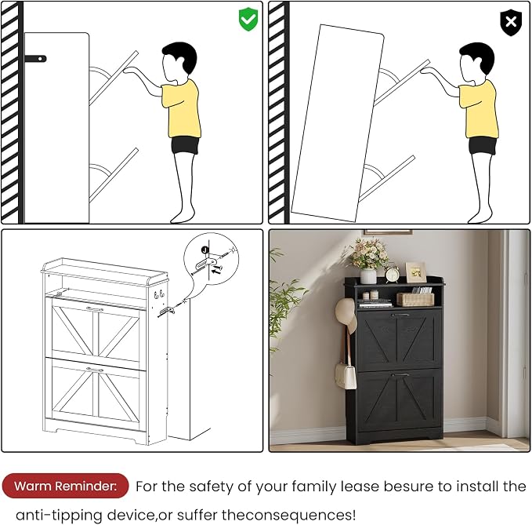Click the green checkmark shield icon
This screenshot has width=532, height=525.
pyautogui.click(x=248, y=19)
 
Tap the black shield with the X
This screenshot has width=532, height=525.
pyautogui.click(x=511, y=23)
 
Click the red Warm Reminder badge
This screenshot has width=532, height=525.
pyautogui.click(x=65, y=486)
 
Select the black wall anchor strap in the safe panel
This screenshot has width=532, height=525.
pyautogui.click(x=35, y=58)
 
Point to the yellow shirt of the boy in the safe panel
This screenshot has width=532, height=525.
pyautogui.click(x=181, y=108)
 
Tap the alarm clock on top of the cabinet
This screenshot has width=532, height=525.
pyautogui.click(x=393, y=274)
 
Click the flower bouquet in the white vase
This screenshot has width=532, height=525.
pyautogui.click(x=369, y=253)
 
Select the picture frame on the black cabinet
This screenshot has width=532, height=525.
pyautogui.click(x=415, y=272)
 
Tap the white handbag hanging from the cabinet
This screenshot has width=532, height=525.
pyautogui.click(x=346, y=375)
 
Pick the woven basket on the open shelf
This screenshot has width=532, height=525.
pyautogui.click(x=415, y=299)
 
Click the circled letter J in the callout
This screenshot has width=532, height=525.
pyautogui.click(x=204, y=250)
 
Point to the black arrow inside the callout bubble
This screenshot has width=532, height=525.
pyautogui.click(x=217, y=269)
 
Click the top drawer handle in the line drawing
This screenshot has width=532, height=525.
pyautogui.click(x=95, y=309)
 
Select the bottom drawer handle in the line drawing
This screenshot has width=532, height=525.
pyautogui.click(x=95, y=370)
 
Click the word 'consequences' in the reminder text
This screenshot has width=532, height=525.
pyautogui.click(x=299, y=515)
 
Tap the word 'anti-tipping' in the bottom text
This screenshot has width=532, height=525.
pyautogui.click(x=59, y=515)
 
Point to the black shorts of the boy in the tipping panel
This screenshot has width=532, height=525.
pyautogui.click(x=483, y=145)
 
